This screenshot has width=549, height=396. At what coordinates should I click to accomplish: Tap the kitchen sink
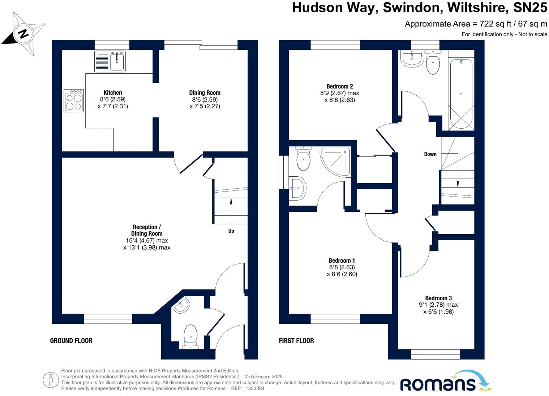point(110,61)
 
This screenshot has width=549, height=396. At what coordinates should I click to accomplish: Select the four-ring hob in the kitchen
point(73,101)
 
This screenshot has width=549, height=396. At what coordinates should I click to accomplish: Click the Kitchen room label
point(113,92)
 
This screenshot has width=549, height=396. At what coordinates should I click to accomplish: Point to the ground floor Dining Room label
point(205,92)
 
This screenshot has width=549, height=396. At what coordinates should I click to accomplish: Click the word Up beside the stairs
point(231,231)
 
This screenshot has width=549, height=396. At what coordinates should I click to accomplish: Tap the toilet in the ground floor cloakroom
point(190,336)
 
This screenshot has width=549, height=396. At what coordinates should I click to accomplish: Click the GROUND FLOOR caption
point(71,340)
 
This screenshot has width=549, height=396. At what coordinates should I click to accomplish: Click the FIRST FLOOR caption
point(296,340)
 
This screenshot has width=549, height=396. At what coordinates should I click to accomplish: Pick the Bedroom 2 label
point(339,86)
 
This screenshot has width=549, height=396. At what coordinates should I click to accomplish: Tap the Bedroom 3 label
point(438,298)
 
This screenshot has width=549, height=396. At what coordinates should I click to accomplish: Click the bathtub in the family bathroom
point(461,94)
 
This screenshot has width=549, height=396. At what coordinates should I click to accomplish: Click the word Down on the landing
point(430,154)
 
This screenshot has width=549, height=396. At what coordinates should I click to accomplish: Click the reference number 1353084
point(255,388)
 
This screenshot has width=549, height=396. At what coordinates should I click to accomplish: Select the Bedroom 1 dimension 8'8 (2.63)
point(342,267)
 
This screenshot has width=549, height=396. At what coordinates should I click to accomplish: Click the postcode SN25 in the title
point(530,8)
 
